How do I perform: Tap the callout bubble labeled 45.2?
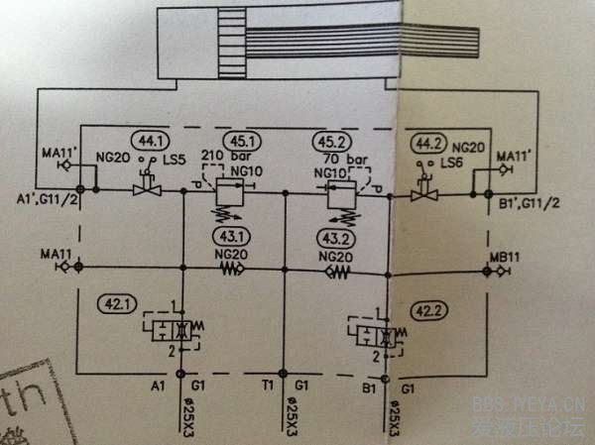331,142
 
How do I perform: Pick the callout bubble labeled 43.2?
333,238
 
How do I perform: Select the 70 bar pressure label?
341,157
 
